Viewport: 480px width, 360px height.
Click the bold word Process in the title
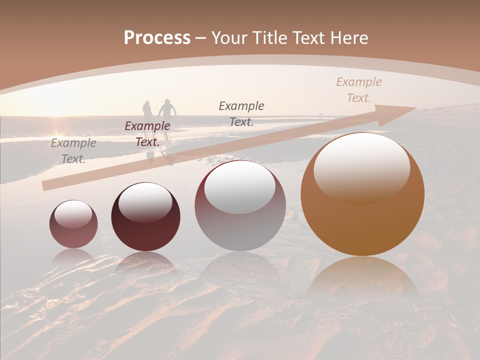(x=157, y=38)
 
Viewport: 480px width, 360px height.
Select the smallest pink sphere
(x=73, y=224)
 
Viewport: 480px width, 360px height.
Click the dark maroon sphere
(x=145, y=217)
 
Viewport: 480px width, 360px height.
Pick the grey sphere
(x=240, y=206)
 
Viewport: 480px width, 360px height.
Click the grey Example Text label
(x=73, y=151)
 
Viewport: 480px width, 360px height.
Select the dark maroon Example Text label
(x=147, y=133)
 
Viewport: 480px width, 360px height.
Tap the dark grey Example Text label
(x=241, y=113)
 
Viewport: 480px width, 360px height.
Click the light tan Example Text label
(x=358, y=89)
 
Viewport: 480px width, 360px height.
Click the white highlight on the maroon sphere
(x=145, y=202)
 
